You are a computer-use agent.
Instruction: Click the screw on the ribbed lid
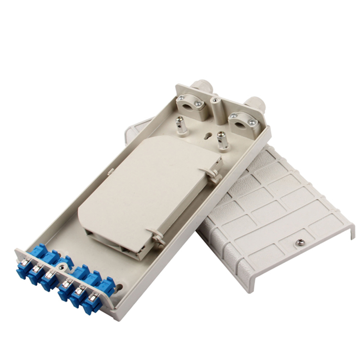click(297, 243)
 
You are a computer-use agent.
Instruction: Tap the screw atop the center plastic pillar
click(216, 100)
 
